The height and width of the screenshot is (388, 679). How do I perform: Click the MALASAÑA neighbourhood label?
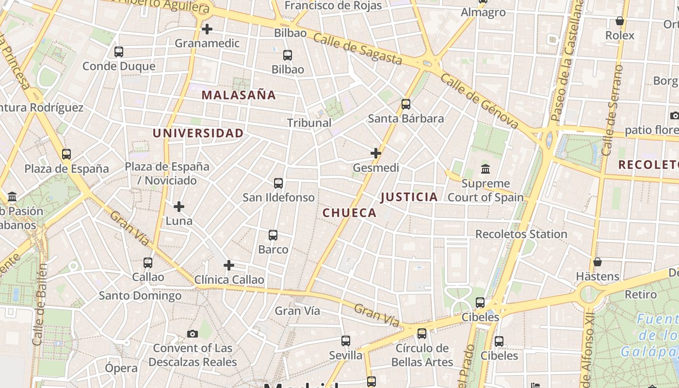click(x=239, y=95)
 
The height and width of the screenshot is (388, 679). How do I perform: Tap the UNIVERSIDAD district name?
click(x=198, y=133)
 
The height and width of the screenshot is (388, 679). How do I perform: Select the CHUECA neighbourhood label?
click(x=350, y=213)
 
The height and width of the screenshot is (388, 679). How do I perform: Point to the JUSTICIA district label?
click(x=409, y=197)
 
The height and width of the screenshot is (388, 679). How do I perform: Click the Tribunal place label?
click(x=309, y=123)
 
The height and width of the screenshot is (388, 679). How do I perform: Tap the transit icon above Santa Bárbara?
click(x=406, y=104)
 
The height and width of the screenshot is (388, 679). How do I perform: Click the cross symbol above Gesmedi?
click(x=376, y=154)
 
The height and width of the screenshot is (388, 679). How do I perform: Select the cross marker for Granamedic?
click(x=207, y=29)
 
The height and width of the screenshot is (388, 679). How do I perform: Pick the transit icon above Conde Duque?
click(x=119, y=52)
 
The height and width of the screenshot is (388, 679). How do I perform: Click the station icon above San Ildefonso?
click(x=278, y=183)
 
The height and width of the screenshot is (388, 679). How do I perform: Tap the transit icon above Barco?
click(x=273, y=235)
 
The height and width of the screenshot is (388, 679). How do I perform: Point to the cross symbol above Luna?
click(x=179, y=207)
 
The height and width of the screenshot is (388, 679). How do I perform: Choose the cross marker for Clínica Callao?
click(x=229, y=265)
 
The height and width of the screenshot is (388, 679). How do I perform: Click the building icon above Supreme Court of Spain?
click(x=485, y=169)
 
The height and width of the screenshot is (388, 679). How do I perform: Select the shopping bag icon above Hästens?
click(x=598, y=262)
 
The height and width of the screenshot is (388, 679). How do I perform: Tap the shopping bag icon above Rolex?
click(x=619, y=21)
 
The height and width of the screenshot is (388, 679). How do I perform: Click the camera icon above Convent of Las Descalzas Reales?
click(x=193, y=334)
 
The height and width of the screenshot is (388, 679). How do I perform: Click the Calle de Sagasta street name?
click(x=358, y=48)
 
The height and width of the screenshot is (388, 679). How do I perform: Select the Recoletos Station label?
click(x=521, y=234)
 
